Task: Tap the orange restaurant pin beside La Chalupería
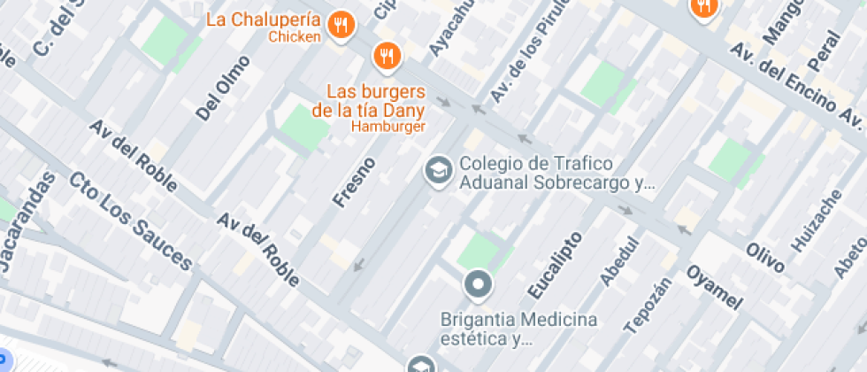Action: coord(341,25)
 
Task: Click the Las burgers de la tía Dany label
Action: coord(375,101)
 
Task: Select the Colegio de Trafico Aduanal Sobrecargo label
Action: coord(556,174)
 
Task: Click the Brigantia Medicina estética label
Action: coord(518,329)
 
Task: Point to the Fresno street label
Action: coord(354,182)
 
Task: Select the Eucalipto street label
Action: coord(555,265)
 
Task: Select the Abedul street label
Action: coord(619,261)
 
